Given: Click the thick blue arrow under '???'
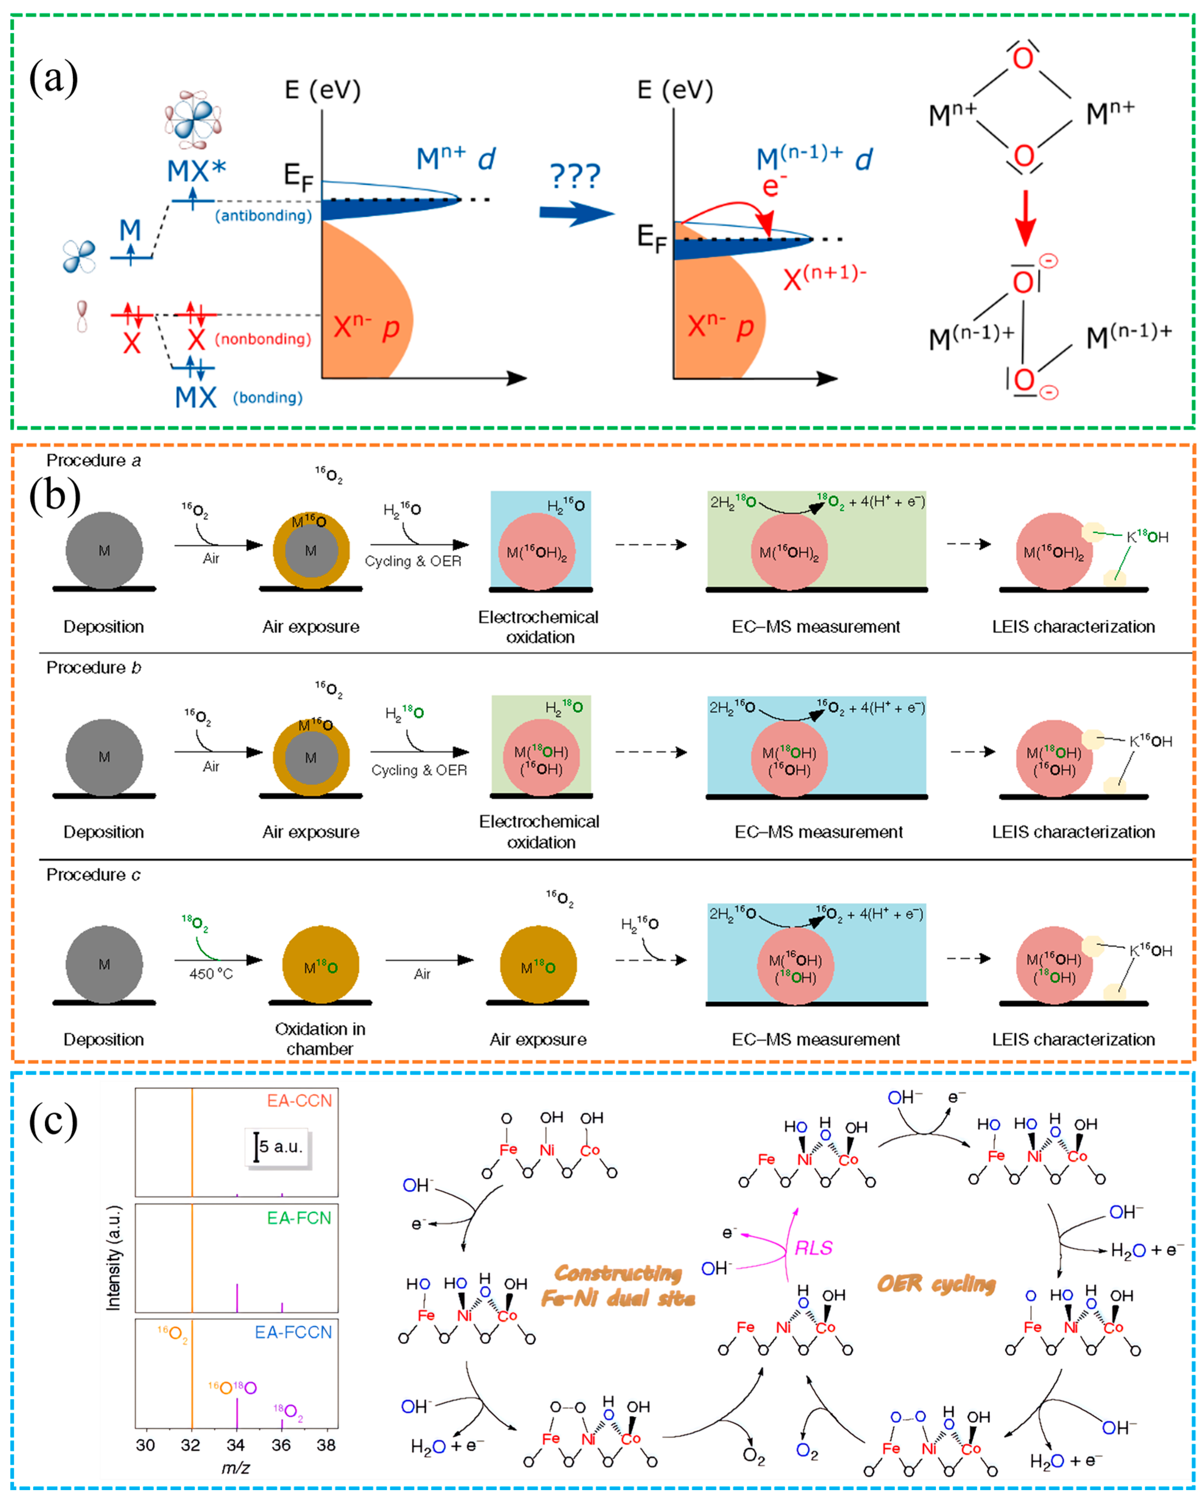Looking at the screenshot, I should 574,213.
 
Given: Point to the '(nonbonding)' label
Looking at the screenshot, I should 263,339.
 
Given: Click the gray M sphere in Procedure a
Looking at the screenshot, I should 104,551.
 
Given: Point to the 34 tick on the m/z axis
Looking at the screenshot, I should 236,1445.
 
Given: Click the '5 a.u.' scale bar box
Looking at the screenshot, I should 278,1147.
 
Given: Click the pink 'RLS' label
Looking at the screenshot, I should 813,1248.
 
